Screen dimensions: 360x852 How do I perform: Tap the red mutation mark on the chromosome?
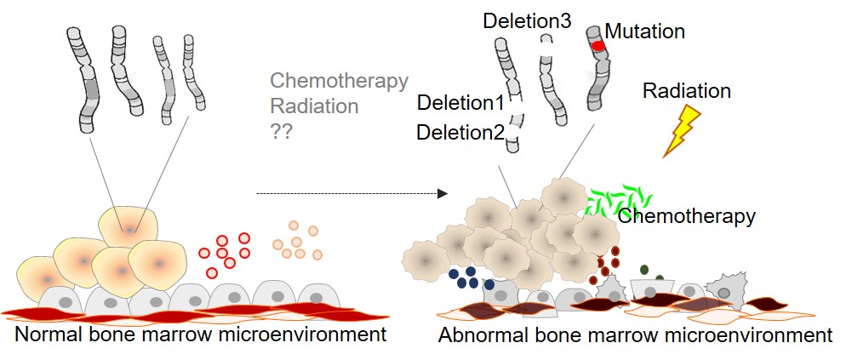tap(598, 45)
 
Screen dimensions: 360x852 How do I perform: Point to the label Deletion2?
tap(460, 132)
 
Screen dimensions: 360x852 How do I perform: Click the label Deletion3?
tap(527, 20)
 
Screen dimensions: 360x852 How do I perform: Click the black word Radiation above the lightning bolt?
tap(686, 90)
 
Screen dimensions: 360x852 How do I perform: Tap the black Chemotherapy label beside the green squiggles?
tap(686, 216)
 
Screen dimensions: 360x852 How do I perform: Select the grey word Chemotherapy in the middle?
tap(339, 82)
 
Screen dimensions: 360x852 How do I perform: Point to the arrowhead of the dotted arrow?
tap(443, 194)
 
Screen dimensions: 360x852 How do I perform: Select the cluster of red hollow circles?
tap(225, 253)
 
